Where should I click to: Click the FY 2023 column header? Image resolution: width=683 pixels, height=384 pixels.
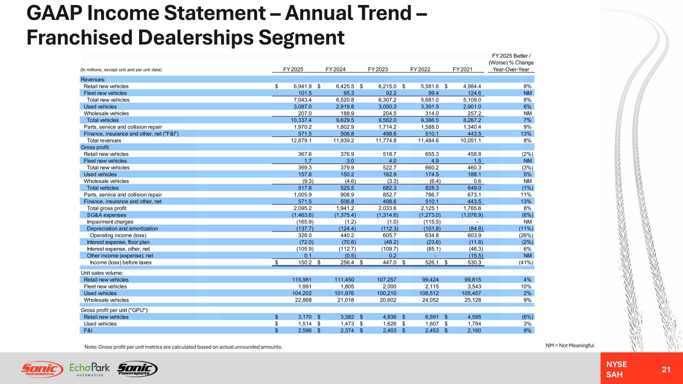coord(378,69)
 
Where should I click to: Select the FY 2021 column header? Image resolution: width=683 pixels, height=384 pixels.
coord(462,69)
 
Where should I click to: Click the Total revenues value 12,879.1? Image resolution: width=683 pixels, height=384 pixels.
coord(301,140)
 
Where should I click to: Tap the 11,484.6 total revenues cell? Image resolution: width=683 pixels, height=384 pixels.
coord(428,140)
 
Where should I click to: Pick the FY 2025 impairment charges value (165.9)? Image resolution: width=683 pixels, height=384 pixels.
coord(305,222)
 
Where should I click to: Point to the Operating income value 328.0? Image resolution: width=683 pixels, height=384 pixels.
coord(305,235)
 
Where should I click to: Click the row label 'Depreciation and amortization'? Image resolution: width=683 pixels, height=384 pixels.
coord(122,228)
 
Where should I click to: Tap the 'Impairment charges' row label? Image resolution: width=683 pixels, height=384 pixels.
coord(110,222)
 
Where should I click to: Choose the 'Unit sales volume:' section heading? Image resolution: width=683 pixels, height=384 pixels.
coord(102,273)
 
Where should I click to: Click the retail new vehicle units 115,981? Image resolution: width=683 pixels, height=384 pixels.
coord(302,280)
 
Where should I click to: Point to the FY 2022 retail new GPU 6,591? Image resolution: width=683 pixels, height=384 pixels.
coord(432,317)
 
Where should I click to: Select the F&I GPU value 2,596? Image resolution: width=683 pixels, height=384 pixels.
coord(305,330)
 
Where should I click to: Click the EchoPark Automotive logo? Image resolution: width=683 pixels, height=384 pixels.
coord(90,369)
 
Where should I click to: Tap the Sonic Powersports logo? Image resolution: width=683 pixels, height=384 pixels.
coord(138,369)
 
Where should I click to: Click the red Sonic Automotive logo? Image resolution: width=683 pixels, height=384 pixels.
coord(42,369)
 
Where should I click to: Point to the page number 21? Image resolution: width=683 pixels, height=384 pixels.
coord(666,369)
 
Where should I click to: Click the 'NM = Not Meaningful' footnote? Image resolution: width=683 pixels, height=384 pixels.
coord(570,345)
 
